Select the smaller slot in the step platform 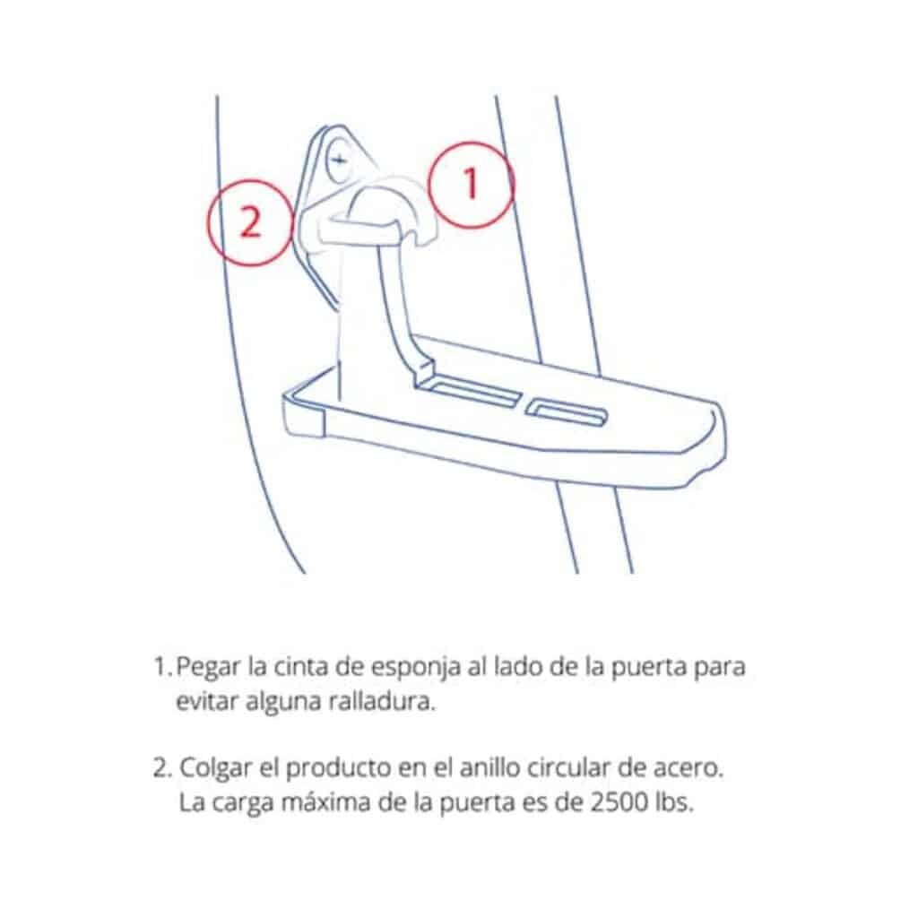point(568,413)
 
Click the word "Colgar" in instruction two point(208,769)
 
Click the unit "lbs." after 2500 point(673,802)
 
